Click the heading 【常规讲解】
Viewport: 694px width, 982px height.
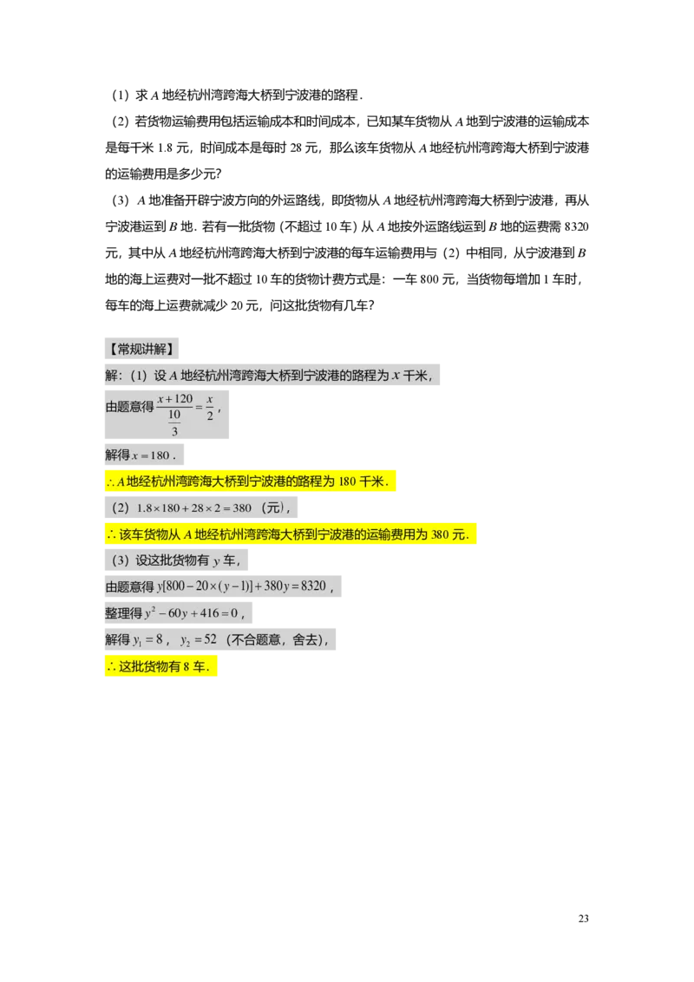[141, 350]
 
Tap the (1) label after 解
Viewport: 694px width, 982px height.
[139, 376]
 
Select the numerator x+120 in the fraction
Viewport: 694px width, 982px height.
[174, 398]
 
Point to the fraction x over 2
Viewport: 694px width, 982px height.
[209, 407]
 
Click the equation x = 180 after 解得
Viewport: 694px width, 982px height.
[152, 455]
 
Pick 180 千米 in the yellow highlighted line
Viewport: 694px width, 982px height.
[361, 481]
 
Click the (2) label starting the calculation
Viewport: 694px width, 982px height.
[121, 508]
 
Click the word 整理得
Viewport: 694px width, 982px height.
[122, 613]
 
